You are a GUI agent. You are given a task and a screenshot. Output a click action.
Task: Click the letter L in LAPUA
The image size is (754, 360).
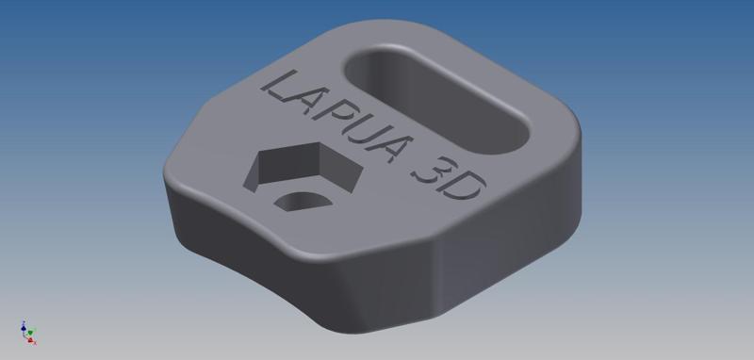tap(280, 89)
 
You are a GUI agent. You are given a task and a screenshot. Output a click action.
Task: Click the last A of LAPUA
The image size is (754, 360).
tap(393, 148)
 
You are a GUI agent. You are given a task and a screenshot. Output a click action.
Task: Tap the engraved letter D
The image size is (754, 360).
tap(459, 185)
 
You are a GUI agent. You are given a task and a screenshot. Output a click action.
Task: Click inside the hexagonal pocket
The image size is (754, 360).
tap(303, 169)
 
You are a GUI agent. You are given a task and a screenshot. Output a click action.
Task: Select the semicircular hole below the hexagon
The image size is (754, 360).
tap(303, 201)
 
